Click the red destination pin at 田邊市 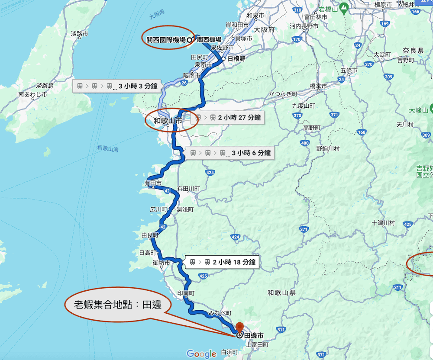(240, 326)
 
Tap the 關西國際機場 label (166, 40)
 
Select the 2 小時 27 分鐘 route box (228, 117)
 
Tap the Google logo (201, 354)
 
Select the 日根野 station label (236, 59)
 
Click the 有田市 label (153, 183)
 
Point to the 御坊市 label (161, 263)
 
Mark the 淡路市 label (79, 33)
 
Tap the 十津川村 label (383, 223)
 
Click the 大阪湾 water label (157, 16)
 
